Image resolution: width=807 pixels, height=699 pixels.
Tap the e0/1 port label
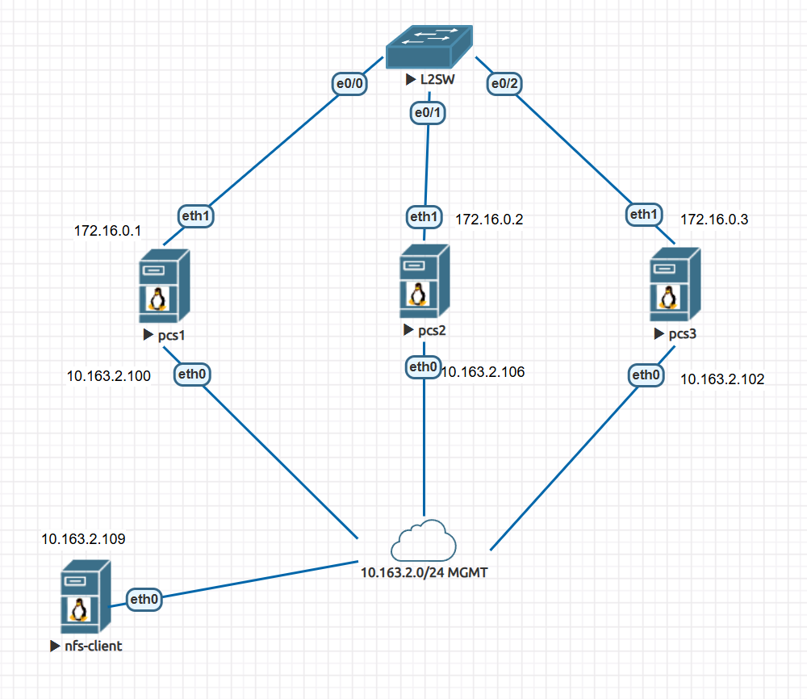pyautogui.click(x=426, y=114)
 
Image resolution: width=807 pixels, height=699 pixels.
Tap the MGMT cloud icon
pyautogui.click(x=420, y=542)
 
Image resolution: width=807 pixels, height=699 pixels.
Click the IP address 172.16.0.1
pyautogui.click(x=107, y=231)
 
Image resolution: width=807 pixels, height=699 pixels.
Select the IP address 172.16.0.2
pyautogui.click(x=488, y=219)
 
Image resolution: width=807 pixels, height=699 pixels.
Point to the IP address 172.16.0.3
pyautogui.click(x=713, y=220)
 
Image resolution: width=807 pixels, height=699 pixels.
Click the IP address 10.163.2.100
pyautogui.click(x=108, y=375)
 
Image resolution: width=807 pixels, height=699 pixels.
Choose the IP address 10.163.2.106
pyautogui.click(x=483, y=372)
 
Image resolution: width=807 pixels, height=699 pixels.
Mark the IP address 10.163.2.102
pyautogui.click(x=722, y=378)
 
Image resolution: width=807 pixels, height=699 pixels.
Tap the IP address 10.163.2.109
pyautogui.click(x=83, y=539)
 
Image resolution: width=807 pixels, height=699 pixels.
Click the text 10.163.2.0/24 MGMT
pyautogui.click(x=424, y=573)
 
